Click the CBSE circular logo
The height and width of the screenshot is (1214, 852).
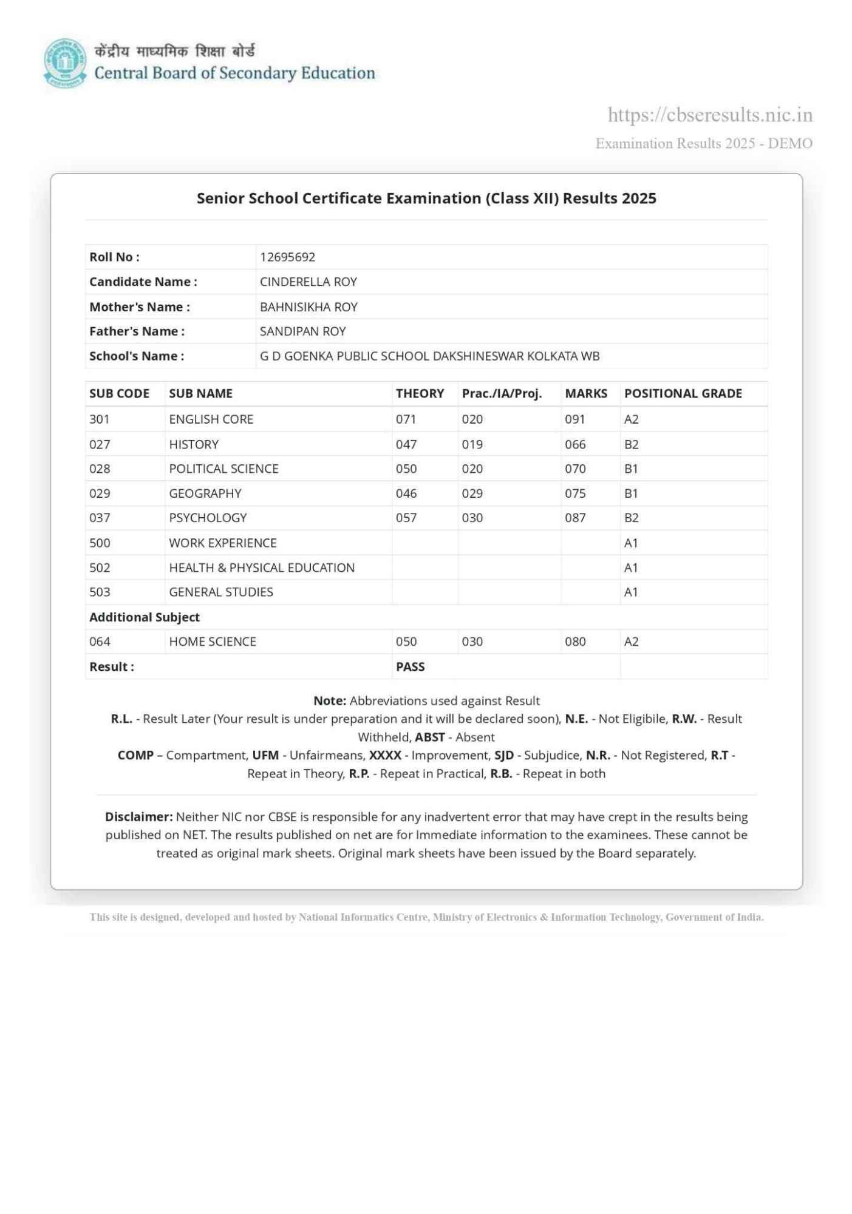point(65,63)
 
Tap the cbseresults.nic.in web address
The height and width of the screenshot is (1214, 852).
point(709,115)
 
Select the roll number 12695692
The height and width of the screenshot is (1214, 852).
point(287,257)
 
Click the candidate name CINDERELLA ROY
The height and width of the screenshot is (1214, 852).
point(308,282)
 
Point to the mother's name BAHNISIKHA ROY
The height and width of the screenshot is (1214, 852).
point(308,307)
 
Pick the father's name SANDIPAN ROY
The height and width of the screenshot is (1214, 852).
point(302,331)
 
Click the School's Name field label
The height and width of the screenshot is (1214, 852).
point(137,356)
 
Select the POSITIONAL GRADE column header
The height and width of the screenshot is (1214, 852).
point(683,393)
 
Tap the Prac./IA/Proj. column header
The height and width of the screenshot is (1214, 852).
point(502,393)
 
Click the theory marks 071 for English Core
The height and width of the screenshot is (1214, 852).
point(406,419)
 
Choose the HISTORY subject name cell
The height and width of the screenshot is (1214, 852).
point(194,444)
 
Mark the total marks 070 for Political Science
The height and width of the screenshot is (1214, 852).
point(575,469)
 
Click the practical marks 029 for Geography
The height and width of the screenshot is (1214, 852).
point(472,493)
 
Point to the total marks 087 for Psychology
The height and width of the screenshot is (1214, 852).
point(575,518)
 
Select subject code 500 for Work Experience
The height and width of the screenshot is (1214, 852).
point(100,543)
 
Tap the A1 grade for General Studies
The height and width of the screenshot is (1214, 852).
point(631,592)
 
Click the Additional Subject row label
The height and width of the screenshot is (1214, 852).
point(145,617)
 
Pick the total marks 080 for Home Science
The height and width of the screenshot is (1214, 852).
point(575,642)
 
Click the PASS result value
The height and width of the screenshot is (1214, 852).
point(410,666)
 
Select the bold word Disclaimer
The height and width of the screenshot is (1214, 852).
point(138,816)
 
